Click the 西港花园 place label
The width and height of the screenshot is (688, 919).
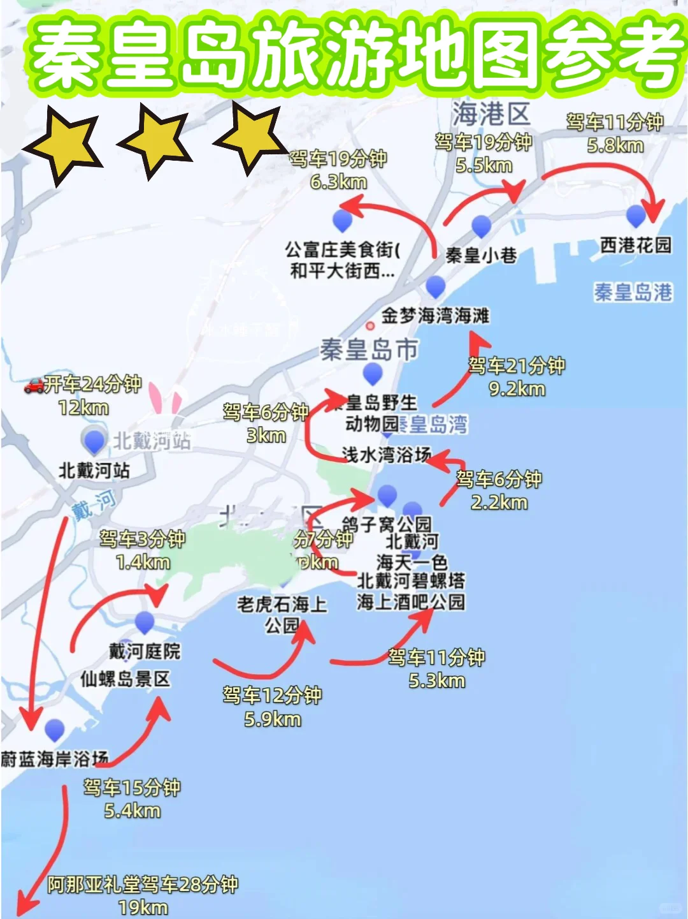pos(635,245)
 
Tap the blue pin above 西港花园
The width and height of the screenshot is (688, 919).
pos(636,216)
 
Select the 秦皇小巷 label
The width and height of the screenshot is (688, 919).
pos(481,256)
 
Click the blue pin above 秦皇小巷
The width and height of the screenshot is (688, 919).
pos(481,226)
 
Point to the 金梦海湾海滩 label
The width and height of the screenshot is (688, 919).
pos(435,315)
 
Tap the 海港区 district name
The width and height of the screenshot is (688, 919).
pos(491,115)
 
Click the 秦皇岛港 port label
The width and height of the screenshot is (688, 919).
pos(633,292)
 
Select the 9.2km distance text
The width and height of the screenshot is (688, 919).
pos(517,388)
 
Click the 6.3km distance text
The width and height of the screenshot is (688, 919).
pos(338,182)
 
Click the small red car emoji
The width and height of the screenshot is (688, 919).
pos(34,385)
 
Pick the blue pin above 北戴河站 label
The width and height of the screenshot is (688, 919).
pos(94,440)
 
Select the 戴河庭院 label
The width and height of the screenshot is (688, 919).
pos(145,651)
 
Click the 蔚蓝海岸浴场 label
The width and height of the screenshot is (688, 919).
pos(55,759)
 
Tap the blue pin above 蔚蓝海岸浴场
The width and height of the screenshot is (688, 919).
pos(55,730)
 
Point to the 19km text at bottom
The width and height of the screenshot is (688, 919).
pos(143,907)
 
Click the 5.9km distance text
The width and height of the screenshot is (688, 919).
pos(273,719)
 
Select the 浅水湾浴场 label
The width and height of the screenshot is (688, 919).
pos(387,454)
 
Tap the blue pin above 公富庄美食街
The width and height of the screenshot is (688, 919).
pos(343,220)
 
